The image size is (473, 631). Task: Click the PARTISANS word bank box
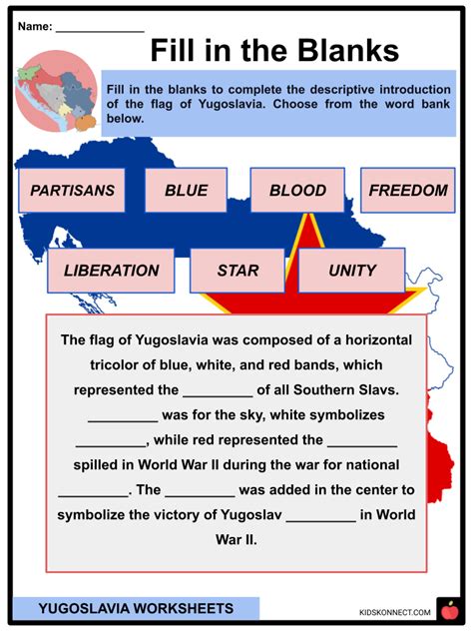pyautogui.click(x=72, y=191)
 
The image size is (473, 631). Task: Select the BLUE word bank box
pyautogui.click(x=186, y=191)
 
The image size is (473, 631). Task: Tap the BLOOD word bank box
pyautogui.click(x=297, y=191)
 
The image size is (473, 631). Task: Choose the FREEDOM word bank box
pyautogui.click(x=408, y=191)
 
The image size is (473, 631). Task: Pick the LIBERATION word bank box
pyautogui.click(x=111, y=271)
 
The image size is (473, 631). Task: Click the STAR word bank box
pyautogui.click(x=237, y=271)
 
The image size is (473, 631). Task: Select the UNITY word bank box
pyautogui.click(x=352, y=271)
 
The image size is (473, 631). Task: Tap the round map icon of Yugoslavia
pyautogui.click(x=57, y=91)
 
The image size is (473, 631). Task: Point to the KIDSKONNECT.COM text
pyautogui.click(x=395, y=612)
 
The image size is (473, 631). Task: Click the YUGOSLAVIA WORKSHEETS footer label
pyautogui.click(x=136, y=608)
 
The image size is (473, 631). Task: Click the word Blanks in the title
pyautogui.click(x=348, y=50)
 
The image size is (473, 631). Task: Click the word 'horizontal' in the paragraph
pyautogui.click(x=379, y=340)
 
